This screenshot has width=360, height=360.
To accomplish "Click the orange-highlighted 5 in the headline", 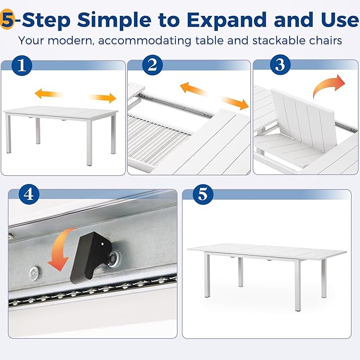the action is (7, 20).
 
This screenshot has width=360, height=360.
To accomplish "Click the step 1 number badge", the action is (22, 65).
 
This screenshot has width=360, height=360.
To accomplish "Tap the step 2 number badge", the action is (153, 65).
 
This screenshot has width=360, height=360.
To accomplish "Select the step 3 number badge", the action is (280, 65).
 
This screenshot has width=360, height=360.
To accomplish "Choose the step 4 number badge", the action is (29, 194).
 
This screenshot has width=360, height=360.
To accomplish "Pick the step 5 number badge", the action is (203, 194).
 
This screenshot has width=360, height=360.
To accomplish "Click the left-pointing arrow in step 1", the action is (49, 93).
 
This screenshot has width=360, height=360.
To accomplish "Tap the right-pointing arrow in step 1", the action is (102, 98).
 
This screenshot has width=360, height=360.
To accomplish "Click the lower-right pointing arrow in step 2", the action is (235, 103).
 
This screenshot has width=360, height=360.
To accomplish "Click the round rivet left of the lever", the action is (34, 273).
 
